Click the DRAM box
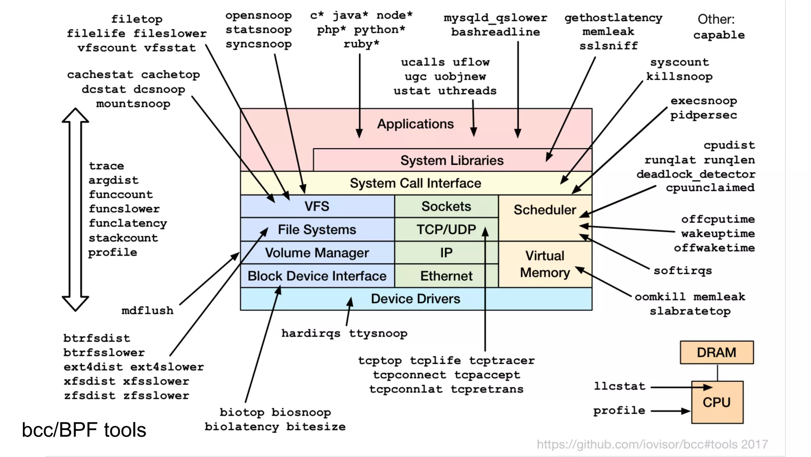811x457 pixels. click(716, 352)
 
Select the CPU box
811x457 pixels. click(717, 402)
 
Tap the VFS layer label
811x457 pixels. click(317, 206)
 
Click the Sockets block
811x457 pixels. click(446, 206)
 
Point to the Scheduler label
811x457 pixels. click(544, 210)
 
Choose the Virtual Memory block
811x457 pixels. click(545, 264)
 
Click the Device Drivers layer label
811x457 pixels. click(415, 298)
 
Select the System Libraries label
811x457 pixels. click(452, 160)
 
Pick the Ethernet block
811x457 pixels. click(446, 276)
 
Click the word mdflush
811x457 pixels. click(147, 310)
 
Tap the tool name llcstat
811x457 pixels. click(619, 386)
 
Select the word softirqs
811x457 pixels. click(683, 271)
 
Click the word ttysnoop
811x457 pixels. click(378, 333)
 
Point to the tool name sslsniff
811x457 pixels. click(609, 46)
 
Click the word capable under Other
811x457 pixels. click(719, 35)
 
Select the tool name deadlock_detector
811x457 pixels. click(696, 174)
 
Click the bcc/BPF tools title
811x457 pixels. click(84, 430)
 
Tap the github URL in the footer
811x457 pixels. click(652, 444)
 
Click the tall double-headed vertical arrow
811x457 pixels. click(75, 209)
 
